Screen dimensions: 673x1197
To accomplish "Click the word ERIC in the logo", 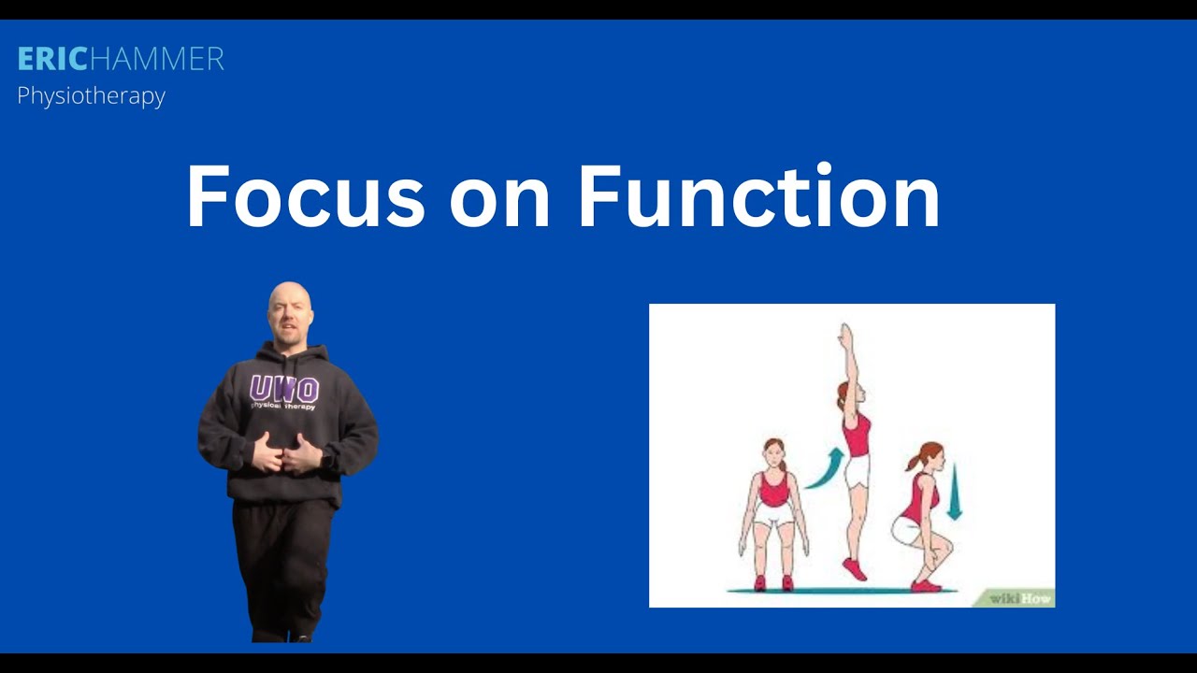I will (x=52, y=60).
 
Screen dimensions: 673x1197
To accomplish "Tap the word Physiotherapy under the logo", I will (x=91, y=96).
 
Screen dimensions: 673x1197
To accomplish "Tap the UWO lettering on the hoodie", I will (x=284, y=389).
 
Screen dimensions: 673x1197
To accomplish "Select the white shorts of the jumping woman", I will (x=857, y=471).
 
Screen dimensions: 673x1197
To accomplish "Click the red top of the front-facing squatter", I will (x=773, y=490).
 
